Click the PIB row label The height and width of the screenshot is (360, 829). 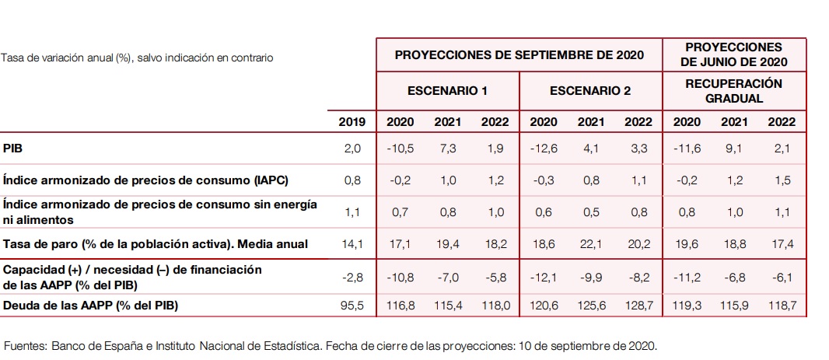[12, 148]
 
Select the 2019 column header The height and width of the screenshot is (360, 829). [352, 121]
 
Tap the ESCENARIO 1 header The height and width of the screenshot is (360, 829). [447, 91]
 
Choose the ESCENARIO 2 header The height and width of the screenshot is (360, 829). [590, 91]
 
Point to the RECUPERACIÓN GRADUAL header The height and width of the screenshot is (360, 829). [733, 91]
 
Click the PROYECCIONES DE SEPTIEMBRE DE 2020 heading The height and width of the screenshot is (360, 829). [519, 55]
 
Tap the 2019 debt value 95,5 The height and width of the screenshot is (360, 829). [352, 306]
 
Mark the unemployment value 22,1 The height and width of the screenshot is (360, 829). [590, 243]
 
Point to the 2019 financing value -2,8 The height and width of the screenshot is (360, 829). [352, 276]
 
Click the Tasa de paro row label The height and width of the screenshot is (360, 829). [156, 243]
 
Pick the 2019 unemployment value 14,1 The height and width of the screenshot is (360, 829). [352, 243]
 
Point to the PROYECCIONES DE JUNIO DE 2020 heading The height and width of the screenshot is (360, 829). [733, 54]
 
